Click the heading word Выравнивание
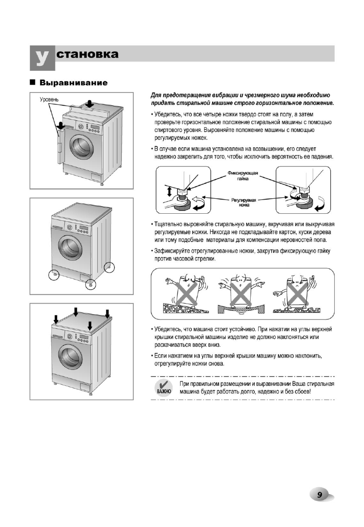pos(74,83)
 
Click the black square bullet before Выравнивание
pos(33,83)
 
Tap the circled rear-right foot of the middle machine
pos(109,267)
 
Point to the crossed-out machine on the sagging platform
pos(238,292)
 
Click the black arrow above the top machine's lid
pos(89,104)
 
